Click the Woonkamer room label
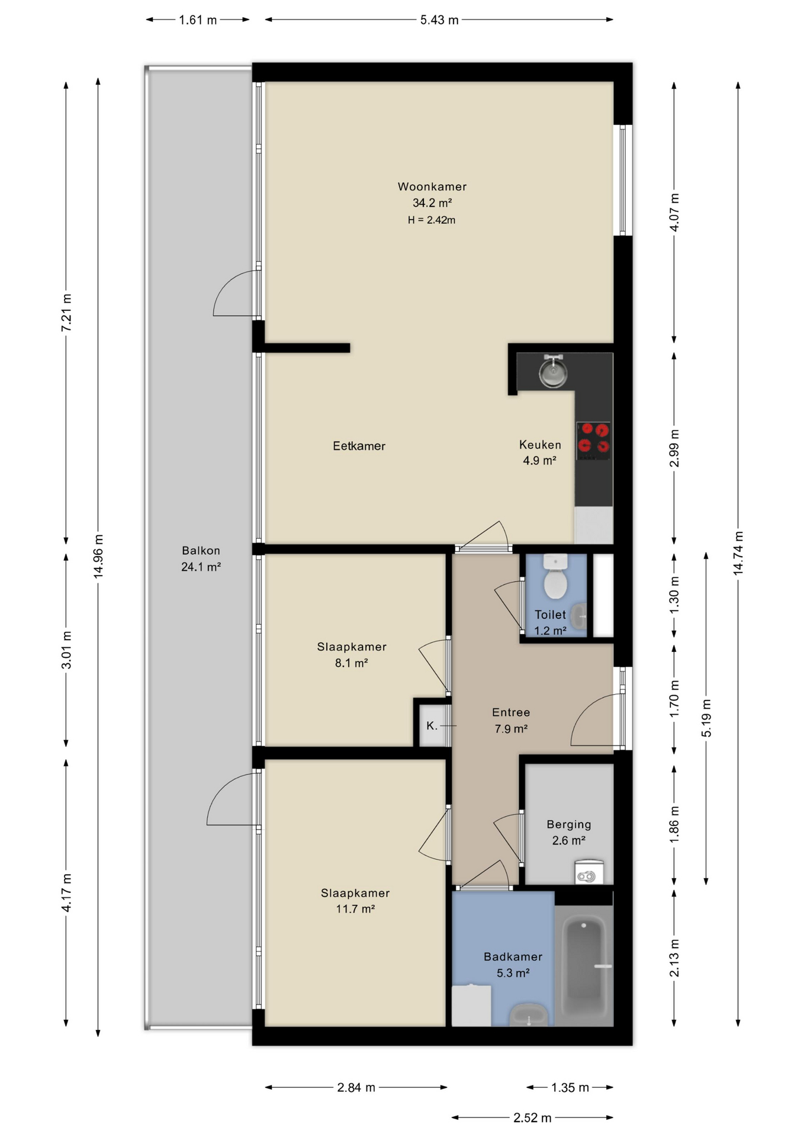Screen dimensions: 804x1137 click(x=432, y=187)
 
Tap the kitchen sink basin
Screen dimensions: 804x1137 click(x=553, y=372)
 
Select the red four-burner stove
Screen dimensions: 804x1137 click(x=593, y=440)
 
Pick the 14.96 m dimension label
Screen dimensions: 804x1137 click(x=98, y=556)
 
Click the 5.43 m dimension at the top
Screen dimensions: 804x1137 click(x=439, y=20)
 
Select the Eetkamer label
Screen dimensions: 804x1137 click(x=359, y=446)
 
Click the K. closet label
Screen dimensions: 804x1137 click(x=432, y=725)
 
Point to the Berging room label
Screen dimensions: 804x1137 click(x=568, y=824)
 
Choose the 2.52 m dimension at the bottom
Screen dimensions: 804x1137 click(x=532, y=1117)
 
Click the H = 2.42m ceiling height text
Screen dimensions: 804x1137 click(x=432, y=220)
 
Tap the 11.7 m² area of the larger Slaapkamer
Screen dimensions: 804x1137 click(x=355, y=909)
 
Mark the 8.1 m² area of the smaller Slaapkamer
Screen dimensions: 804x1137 click(x=352, y=663)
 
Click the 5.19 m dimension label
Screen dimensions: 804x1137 click(x=706, y=718)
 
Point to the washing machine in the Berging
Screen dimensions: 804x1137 click(x=588, y=872)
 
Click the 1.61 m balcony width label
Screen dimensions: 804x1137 click(x=198, y=20)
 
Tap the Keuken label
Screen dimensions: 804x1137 click(x=540, y=445)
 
